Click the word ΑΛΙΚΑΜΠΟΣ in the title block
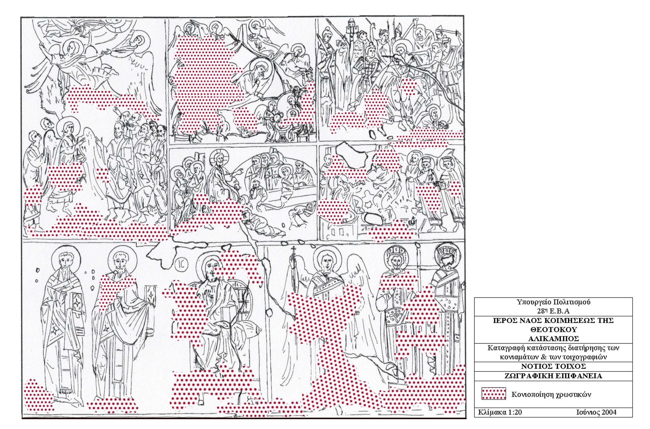pyautogui.click(x=553, y=339)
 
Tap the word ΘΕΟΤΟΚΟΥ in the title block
pyautogui.click(x=553, y=329)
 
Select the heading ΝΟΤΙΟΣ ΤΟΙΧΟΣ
pyautogui.click(x=553, y=366)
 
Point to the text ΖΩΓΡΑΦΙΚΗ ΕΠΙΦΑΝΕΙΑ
pyautogui.click(x=553, y=376)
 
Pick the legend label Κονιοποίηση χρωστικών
pyautogui.click(x=551, y=395)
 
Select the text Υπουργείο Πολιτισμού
pyautogui.click(x=553, y=302)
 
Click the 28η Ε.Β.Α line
pyautogui.click(x=553, y=311)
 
